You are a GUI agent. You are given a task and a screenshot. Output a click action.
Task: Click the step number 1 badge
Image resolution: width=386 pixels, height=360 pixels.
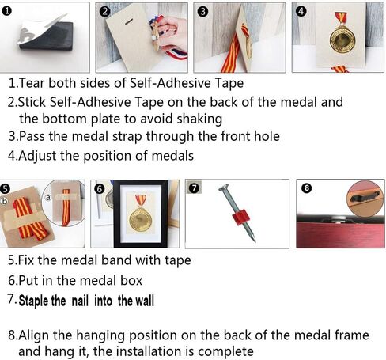[x=6, y=11]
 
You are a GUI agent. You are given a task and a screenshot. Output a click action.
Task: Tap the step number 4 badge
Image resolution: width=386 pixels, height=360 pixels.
[x=301, y=11]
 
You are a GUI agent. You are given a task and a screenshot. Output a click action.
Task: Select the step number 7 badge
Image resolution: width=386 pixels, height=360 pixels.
[x=195, y=188]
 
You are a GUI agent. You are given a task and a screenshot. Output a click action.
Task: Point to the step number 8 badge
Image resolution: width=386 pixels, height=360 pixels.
[x=307, y=188]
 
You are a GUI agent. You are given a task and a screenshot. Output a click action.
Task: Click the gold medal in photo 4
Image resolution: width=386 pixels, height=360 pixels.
[x=342, y=40]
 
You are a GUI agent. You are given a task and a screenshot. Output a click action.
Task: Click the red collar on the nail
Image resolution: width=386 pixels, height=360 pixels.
[x=240, y=217]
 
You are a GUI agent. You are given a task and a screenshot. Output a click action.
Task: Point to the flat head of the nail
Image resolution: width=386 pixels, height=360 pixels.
[x=224, y=188]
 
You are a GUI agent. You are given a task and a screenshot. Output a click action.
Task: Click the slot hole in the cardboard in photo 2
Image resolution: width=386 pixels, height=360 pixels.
[x=129, y=21]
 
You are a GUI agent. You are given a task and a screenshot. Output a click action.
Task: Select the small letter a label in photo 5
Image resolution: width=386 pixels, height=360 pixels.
[x=48, y=197]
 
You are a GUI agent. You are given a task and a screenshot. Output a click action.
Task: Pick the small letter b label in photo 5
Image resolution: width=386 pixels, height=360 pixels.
[x=4, y=201]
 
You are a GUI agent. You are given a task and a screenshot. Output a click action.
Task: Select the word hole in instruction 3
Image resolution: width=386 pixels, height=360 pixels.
[x=267, y=136]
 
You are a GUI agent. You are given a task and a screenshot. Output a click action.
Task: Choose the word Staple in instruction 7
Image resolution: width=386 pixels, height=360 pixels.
[x=33, y=301]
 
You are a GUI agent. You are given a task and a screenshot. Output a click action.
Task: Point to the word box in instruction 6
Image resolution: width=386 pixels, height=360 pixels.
[x=131, y=281]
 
